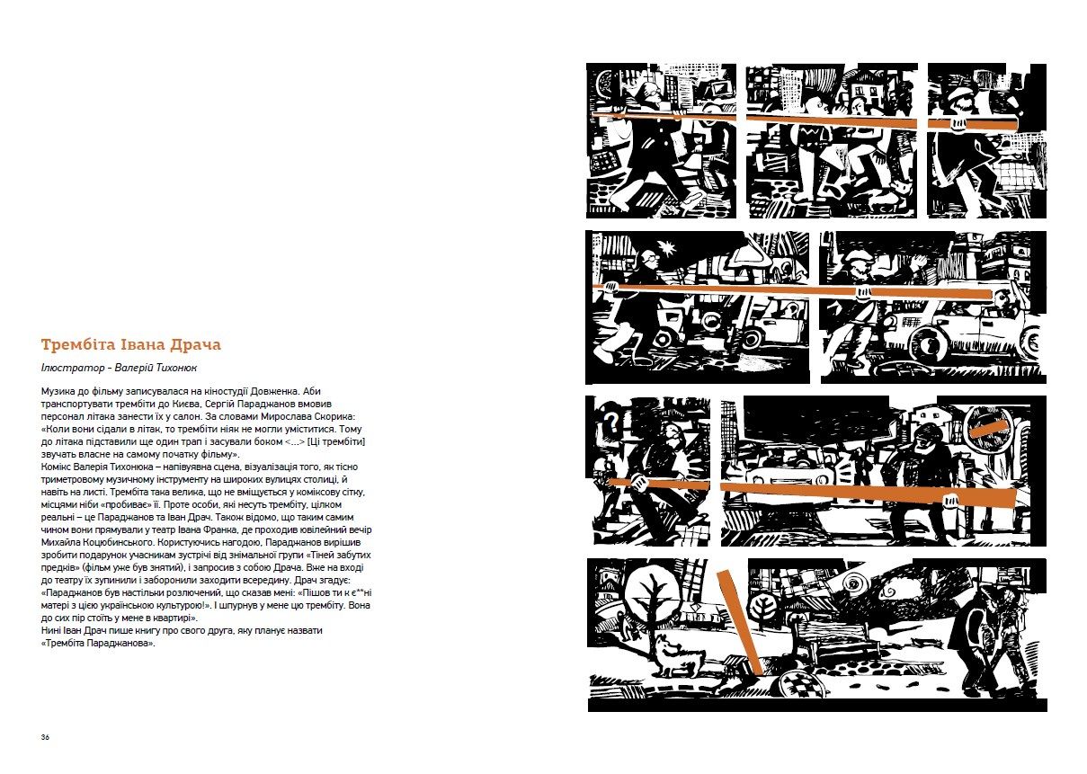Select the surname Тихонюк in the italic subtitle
pyautogui.click(x=176, y=368)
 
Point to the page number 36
pyautogui.click(x=45, y=737)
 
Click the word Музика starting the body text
pyautogui.click(x=57, y=391)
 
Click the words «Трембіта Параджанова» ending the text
pyautogui.click(x=99, y=644)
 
